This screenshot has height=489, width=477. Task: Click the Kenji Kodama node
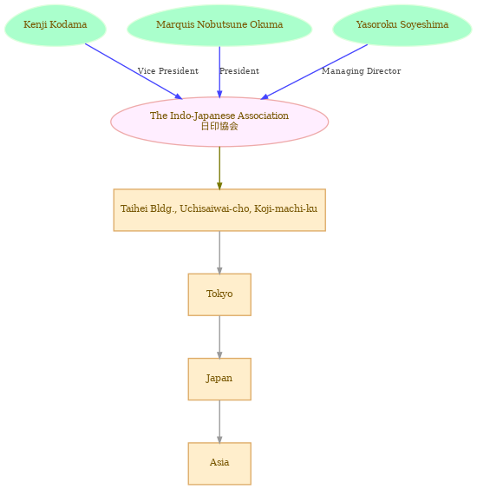pos(56,25)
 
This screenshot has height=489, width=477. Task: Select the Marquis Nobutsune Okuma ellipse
pos(219,25)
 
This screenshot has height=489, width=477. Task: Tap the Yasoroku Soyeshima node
pos(402,25)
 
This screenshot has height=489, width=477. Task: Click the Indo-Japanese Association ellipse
pos(219,122)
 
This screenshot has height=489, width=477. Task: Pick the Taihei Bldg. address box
pos(219,210)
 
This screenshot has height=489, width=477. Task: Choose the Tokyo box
pos(219,294)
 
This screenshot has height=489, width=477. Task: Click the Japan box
pos(219,380)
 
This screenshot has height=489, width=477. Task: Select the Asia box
pos(219,464)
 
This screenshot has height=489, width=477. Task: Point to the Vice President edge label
pos(168,71)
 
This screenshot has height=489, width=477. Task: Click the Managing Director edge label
pos(361,71)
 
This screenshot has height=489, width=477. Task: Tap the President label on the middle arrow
pos(239,71)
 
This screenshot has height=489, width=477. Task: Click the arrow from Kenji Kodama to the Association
pos(134,71)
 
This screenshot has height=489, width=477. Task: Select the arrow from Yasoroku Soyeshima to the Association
pos(314,72)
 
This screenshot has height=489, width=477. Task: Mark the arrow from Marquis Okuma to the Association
pos(219,72)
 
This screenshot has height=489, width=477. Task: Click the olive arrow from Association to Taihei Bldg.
pos(219,169)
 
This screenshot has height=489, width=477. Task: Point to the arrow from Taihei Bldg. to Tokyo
pos(219,253)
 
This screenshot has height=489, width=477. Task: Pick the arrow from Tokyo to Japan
pos(219,337)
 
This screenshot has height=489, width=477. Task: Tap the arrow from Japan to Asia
pos(219,422)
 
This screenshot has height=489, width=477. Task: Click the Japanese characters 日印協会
pos(219,126)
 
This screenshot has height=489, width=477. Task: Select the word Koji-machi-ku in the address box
pos(286,208)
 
